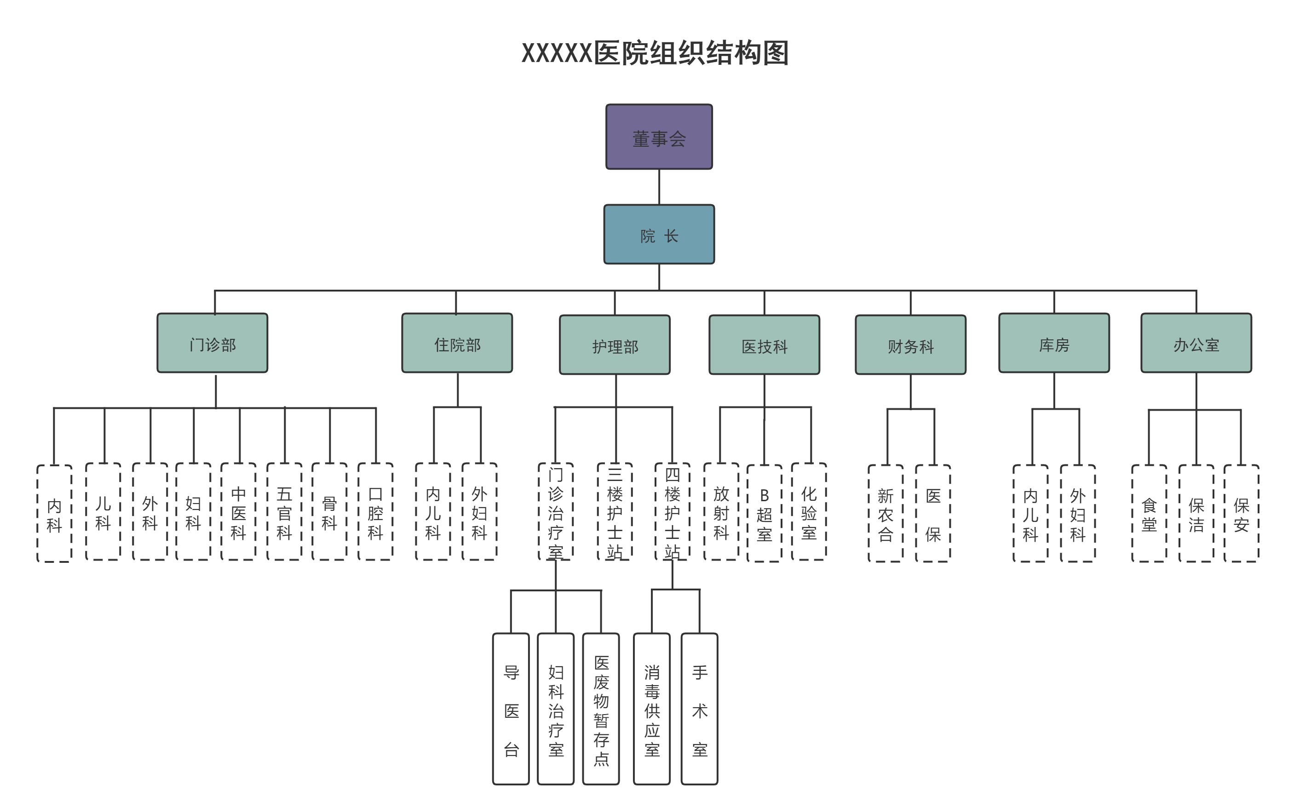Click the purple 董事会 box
(x=659, y=137)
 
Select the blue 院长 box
(x=659, y=235)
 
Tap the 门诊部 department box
(x=213, y=343)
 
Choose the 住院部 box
(x=457, y=343)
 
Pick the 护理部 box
(x=615, y=345)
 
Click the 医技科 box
(x=764, y=345)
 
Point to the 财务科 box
(x=910, y=345)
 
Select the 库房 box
(x=1054, y=343)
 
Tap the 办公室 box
(x=1196, y=343)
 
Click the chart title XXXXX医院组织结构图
(x=655, y=53)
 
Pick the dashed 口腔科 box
(x=375, y=511)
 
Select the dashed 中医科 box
(x=239, y=511)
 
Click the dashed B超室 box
(x=764, y=514)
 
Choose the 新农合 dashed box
(x=885, y=514)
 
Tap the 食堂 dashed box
(x=1149, y=514)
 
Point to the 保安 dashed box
(x=1241, y=514)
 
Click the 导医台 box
(x=511, y=709)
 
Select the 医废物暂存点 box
(x=601, y=709)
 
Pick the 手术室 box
(x=699, y=709)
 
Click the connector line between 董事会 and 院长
(x=659, y=187)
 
